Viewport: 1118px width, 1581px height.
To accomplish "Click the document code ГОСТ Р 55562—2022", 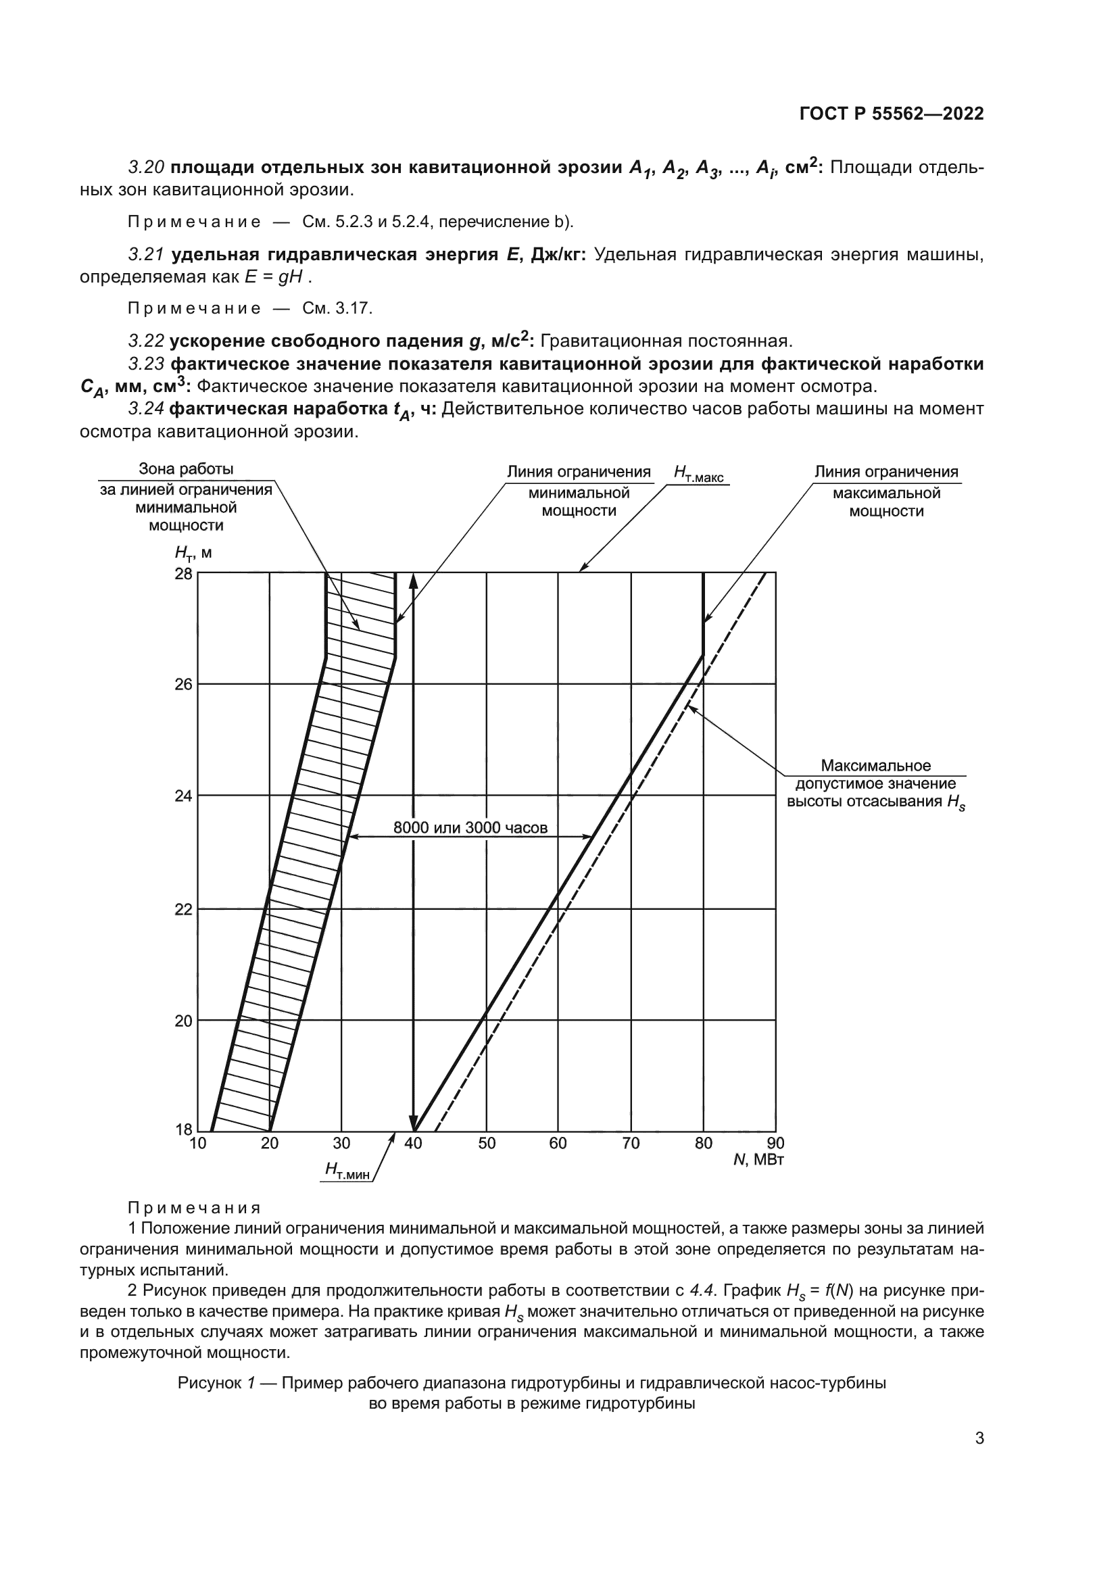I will (x=891, y=114).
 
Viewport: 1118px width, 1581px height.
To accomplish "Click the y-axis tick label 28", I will (x=183, y=574).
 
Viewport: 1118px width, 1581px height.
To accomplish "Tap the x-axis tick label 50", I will (x=487, y=1144).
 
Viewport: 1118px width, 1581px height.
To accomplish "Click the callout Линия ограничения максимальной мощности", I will (x=886, y=491).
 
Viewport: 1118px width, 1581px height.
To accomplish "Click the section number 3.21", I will (x=145, y=255).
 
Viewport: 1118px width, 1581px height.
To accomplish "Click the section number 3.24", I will (x=145, y=409).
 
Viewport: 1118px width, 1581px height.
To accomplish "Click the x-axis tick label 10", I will (x=197, y=1144).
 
